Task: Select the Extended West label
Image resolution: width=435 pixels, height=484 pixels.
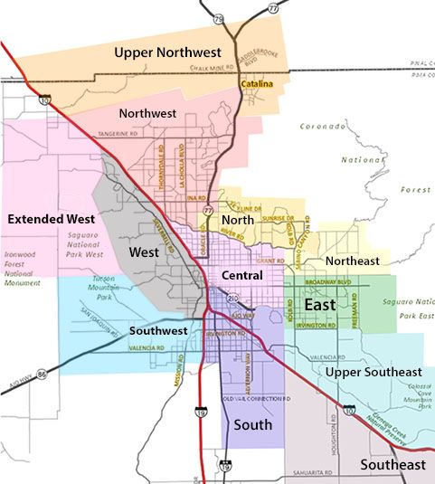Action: tap(50, 219)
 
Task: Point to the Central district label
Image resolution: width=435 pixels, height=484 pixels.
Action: tap(241, 275)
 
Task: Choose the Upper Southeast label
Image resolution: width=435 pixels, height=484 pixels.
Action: tap(373, 372)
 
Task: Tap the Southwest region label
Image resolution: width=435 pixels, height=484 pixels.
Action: tap(158, 331)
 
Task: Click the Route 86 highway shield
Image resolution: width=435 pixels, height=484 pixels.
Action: tap(41, 373)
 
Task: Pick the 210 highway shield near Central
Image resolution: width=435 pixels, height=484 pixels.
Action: tap(232, 298)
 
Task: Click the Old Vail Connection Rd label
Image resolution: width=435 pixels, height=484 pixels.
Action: tap(256, 398)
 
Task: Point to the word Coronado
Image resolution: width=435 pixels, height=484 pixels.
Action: tap(325, 127)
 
